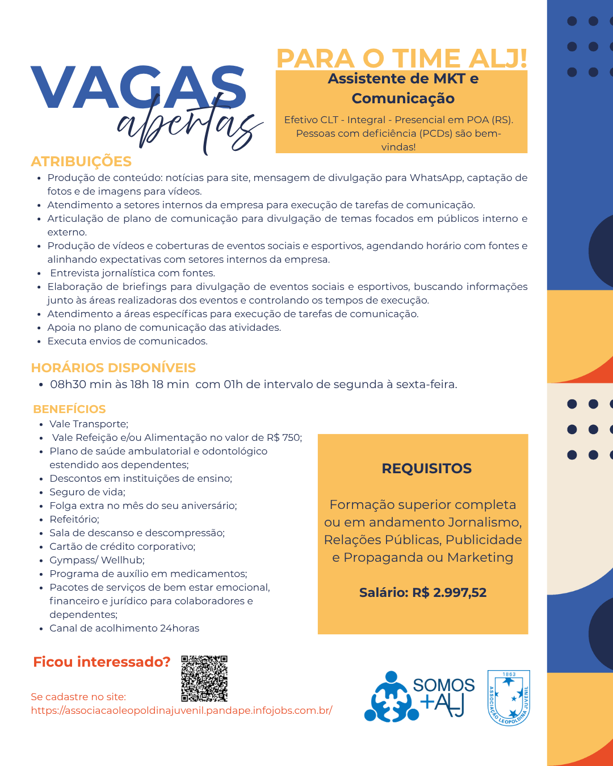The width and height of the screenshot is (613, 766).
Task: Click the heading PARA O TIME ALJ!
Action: point(401,58)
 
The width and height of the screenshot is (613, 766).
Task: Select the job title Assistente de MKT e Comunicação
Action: point(403,89)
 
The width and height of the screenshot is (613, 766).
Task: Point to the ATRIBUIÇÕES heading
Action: point(81,162)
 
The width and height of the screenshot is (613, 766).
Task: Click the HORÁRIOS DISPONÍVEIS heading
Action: point(114,368)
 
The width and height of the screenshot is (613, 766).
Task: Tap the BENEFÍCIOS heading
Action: point(69,409)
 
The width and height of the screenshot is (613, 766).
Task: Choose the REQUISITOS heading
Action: point(427,469)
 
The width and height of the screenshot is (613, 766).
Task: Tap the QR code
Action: point(204,679)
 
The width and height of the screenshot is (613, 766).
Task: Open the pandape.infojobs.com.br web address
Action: point(182,710)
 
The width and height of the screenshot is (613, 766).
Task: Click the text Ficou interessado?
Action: point(102,662)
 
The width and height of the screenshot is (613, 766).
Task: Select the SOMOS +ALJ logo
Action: point(420,697)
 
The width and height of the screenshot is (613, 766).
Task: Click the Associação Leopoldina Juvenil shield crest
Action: point(509,698)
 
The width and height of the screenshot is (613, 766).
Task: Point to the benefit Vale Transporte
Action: point(89,424)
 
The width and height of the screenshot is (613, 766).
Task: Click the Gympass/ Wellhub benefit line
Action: point(97,560)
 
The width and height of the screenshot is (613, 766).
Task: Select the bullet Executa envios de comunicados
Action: point(128,341)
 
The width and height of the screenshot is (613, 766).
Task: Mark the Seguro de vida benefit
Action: point(87,492)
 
